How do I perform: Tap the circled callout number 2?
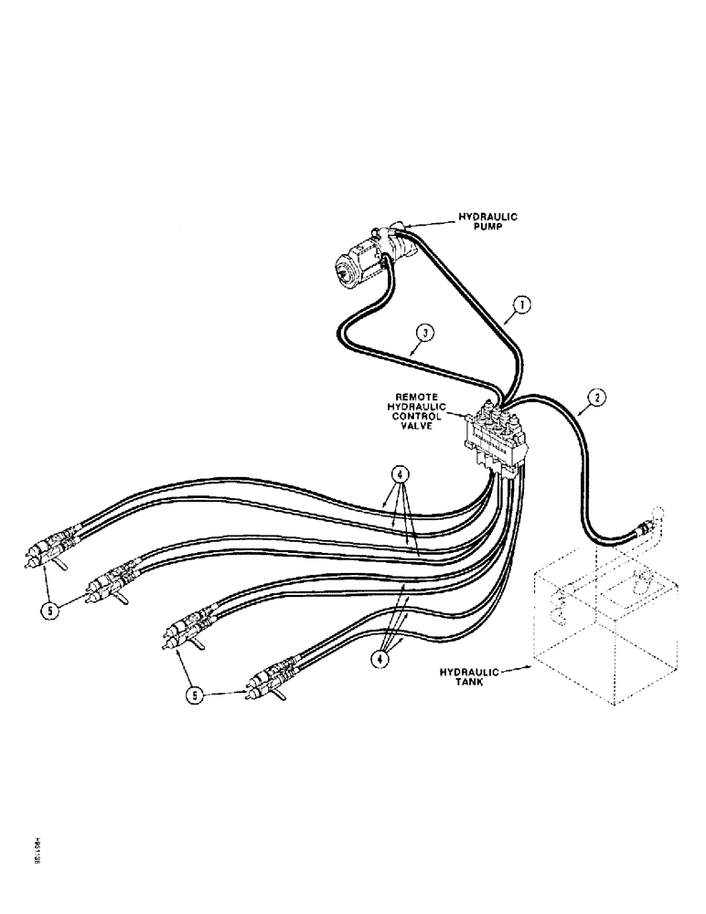[x=594, y=399]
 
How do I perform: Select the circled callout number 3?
[x=423, y=333]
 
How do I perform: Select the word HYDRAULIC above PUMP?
[x=487, y=218]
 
